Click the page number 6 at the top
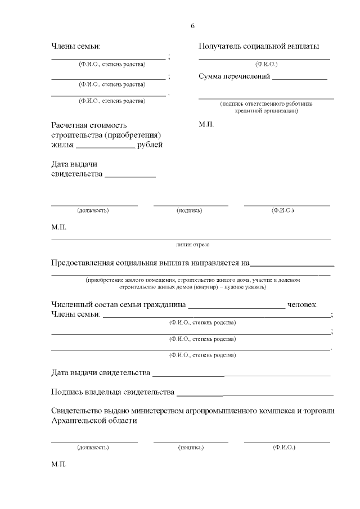193,26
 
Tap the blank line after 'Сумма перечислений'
299,79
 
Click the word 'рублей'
150,145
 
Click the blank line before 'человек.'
236,307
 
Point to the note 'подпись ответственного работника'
266,103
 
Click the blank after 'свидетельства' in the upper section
130,177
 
